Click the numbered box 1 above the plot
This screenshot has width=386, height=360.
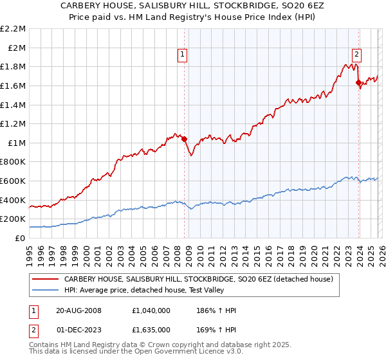coord(183,55)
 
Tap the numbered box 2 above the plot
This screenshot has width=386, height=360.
coord(356,55)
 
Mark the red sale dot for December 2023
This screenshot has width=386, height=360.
coord(358,82)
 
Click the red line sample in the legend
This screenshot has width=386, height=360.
coord(45,280)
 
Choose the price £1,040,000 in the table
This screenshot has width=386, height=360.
coord(152,310)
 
